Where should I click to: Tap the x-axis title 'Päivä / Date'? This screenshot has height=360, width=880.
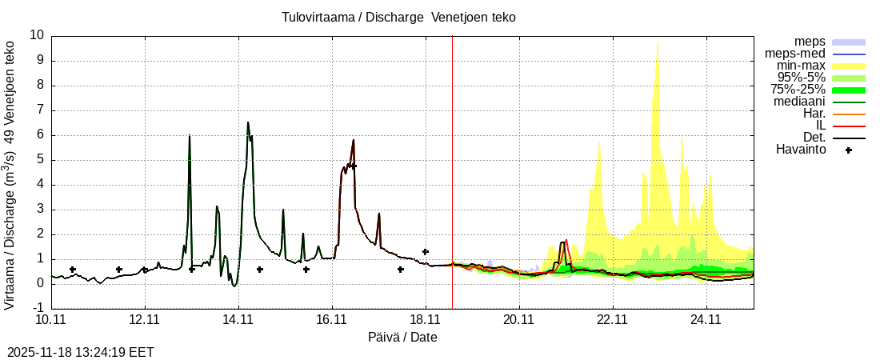coord(402,337)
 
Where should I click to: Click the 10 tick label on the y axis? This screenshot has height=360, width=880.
coord(37,35)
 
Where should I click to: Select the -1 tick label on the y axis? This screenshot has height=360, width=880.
coord(38,308)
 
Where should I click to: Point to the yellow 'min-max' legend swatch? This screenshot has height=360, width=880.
coord(849,66)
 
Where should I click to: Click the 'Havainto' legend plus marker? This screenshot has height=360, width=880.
coord(849,150)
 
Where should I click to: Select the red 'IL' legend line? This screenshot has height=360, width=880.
coord(849,126)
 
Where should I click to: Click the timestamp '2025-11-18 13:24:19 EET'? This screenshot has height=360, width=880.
coord(80,352)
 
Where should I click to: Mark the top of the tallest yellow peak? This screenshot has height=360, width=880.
coord(658,44)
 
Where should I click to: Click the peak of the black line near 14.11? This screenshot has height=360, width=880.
coord(248,122)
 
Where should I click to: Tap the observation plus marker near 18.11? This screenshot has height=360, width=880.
coord(425,251)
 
